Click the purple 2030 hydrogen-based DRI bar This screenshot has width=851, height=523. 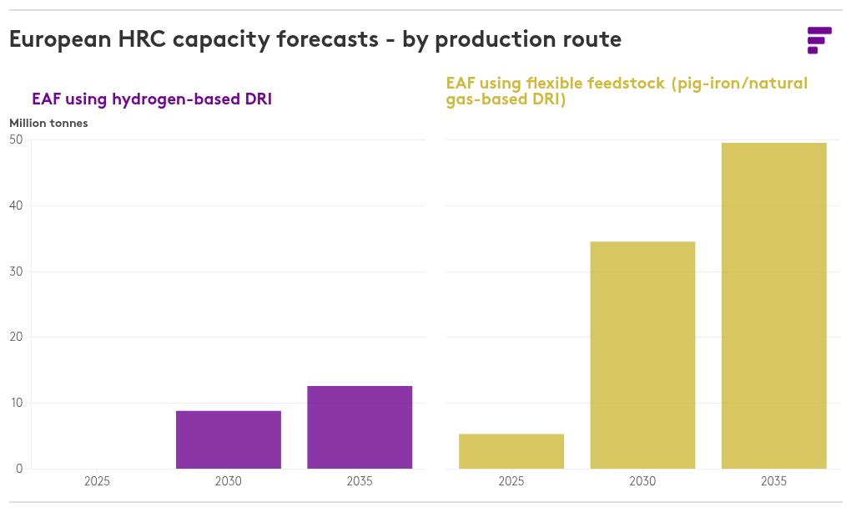[x=229, y=439]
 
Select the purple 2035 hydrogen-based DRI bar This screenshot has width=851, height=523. [x=360, y=427]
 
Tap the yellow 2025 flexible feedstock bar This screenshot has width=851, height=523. [x=511, y=450]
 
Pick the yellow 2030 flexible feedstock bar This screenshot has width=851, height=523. [x=642, y=355]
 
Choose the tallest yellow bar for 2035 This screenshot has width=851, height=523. [x=774, y=306]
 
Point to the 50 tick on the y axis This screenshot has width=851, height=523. [x=17, y=140]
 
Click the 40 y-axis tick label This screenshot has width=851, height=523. [x=17, y=206]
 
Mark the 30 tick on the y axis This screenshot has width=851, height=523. [x=17, y=272]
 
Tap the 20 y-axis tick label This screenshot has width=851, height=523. [x=17, y=337]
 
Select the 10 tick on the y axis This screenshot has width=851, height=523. [x=17, y=403]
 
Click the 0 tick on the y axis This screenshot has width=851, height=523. [x=19, y=469]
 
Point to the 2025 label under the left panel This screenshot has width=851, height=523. [x=97, y=481]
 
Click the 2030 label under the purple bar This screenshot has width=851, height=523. [x=229, y=481]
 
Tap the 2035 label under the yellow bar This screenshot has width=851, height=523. [x=774, y=481]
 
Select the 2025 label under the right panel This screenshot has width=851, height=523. [x=511, y=481]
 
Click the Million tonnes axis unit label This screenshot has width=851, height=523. [x=49, y=124]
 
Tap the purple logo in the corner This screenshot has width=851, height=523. [x=819, y=40]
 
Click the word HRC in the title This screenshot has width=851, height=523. [x=142, y=39]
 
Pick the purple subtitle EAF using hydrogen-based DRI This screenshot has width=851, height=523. [x=152, y=99]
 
